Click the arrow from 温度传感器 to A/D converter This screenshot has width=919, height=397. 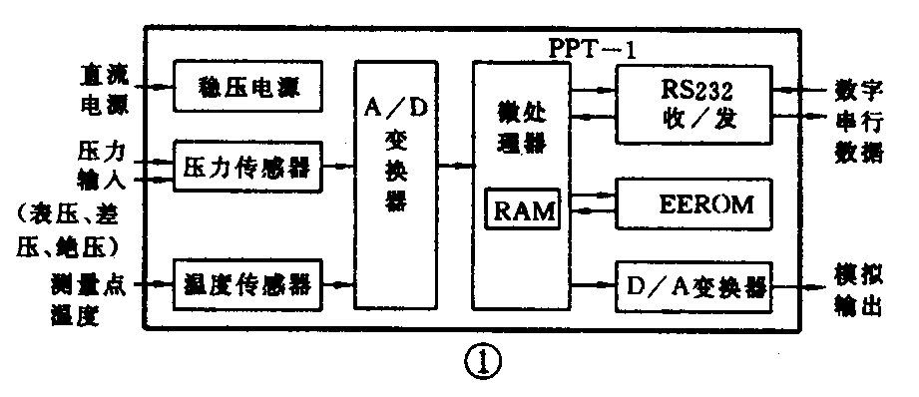(340, 286)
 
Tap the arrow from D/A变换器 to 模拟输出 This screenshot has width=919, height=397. (798, 286)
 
